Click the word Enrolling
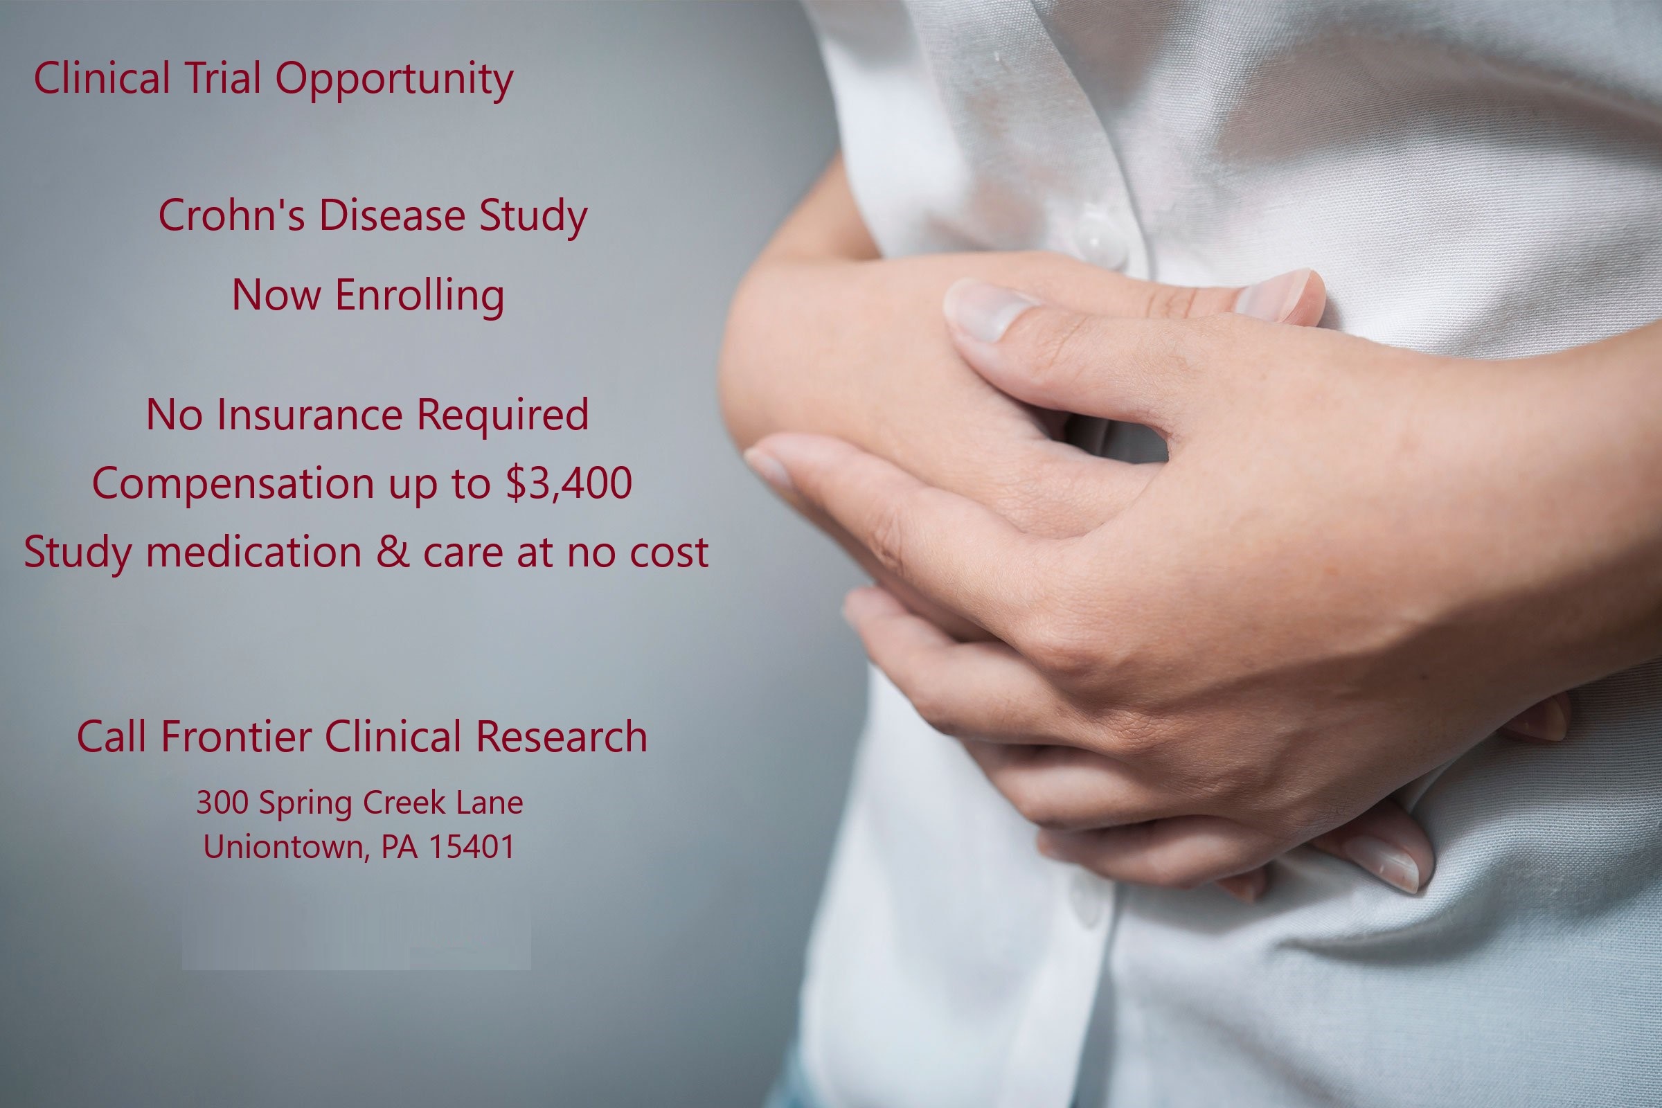(420, 296)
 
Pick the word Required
(503, 415)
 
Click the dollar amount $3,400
(569, 484)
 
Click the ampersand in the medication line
(392, 551)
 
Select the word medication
(253, 551)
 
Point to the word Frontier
(237, 736)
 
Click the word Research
(562, 736)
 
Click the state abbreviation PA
(400, 846)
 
